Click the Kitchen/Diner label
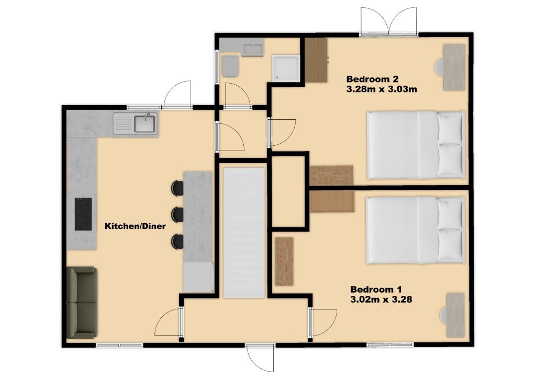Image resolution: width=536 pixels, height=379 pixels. [135, 226]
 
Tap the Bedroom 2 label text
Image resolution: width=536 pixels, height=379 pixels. [372, 79]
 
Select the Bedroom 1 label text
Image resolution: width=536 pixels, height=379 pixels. [376, 290]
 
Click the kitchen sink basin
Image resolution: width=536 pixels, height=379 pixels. [144, 124]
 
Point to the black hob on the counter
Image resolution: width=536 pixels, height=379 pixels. [83, 214]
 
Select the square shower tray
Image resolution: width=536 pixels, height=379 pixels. [285, 68]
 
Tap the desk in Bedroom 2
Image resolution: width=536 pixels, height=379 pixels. [453, 66]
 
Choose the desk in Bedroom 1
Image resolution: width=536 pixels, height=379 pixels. [454, 315]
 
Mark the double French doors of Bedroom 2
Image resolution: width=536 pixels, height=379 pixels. [388, 23]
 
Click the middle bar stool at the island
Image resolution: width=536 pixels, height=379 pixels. [177, 213]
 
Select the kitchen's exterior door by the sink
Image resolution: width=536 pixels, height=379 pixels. [178, 94]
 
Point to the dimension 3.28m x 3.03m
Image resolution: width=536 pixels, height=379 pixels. [381, 89]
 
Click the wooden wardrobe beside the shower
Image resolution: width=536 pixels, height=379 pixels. [316, 60]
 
